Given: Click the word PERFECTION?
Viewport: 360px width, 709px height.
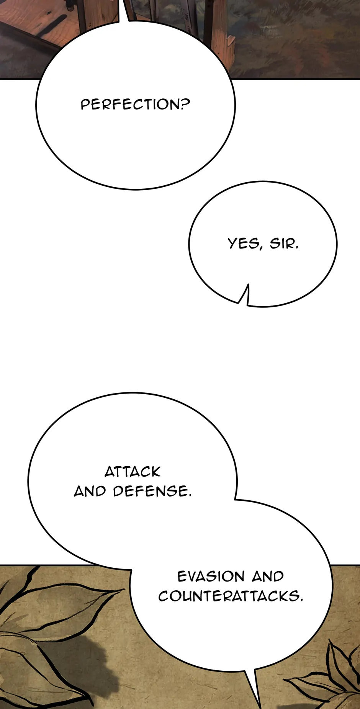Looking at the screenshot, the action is pyautogui.click(x=135, y=104).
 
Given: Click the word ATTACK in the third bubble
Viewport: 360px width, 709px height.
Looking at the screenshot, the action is pyautogui.click(x=133, y=472).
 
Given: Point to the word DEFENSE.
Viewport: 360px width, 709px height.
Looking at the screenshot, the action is pyautogui.click(x=152, y=491).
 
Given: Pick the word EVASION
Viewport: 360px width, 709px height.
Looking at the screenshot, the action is pyautogui.click(x=211, y=576).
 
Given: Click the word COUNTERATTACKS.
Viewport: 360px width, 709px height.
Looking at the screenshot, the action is pyautogui.click(x=231, y=596).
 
